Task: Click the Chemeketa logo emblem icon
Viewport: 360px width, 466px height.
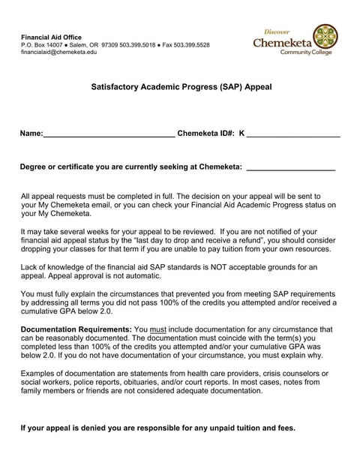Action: click(324, 35)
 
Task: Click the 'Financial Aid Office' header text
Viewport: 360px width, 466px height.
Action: click(51, 37)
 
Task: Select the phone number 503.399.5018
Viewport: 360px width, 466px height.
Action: click(138, 45)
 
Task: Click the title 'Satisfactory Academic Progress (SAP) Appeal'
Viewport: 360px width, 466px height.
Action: click(181, 87)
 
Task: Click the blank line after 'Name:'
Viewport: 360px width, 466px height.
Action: click(109, 134)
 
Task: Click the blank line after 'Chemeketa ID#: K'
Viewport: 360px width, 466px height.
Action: click(293, 134)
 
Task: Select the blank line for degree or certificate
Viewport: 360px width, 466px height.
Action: click(290, 167)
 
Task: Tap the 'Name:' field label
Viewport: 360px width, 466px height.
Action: click(31, 134)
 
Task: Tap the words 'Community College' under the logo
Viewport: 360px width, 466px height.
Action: click(308, 53)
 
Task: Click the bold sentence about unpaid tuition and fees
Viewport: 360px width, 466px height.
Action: click(157, 428)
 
